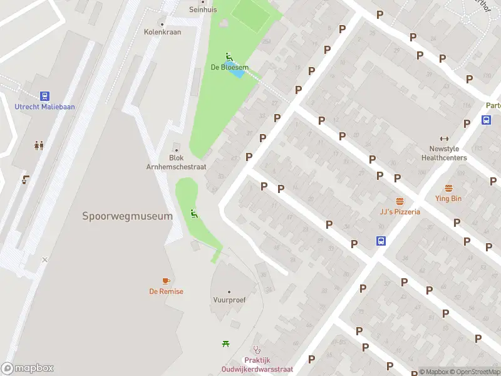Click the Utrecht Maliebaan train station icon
coord(44,96)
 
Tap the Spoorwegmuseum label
coord(127,216)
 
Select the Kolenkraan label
coord(162,32)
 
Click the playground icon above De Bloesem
coord(229,57)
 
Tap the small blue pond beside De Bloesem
coord(237,71)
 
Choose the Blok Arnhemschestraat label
coord(176,163)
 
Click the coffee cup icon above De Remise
coord(166,281)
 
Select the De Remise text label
coord(166,291)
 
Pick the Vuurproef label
coord(229,300)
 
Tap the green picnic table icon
coord(225,343)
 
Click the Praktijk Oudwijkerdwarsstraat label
coord(257,365)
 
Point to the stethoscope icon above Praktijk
coord(256,350)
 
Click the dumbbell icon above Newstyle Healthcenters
coord(445,139)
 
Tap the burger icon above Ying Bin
coord(448,189)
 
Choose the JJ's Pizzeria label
coord(400,212)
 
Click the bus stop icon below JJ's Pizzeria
coord(380,241)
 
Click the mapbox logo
coord(28,368)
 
